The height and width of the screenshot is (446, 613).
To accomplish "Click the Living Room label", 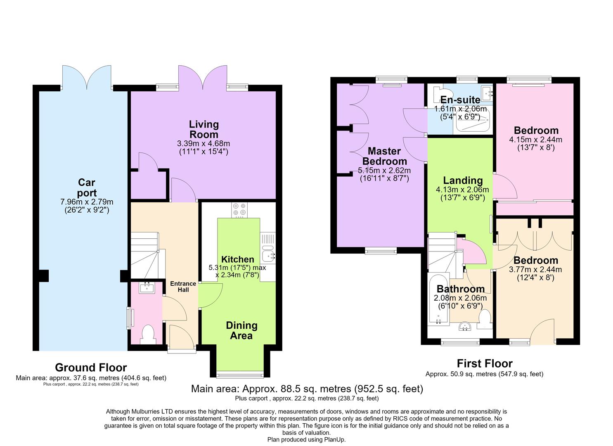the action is tap(204, 130).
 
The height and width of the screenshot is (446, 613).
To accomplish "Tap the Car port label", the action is tap(86, 187).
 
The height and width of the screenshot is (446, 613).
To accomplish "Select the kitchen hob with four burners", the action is tap(239, 210).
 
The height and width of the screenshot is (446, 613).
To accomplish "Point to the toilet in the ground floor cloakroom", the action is tap(148, 334).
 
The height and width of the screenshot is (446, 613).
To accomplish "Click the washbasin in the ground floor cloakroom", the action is tap(147, 288).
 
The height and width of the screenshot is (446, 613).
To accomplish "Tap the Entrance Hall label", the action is tap(183, 287).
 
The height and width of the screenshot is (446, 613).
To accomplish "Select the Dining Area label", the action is tap(241, 330).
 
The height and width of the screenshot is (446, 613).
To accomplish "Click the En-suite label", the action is tap(460, 100).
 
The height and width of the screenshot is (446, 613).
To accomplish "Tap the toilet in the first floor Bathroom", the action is tap(485, 319).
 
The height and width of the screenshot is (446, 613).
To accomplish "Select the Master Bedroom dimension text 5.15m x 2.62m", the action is tap(384, 170).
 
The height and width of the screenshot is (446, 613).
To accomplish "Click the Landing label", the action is tap(463, 180).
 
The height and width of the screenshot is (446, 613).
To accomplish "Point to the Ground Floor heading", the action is tap(91, 368).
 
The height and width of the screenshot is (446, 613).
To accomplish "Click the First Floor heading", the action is tap(485, 363).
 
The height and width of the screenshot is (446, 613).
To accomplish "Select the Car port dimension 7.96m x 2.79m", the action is tap(86, 202).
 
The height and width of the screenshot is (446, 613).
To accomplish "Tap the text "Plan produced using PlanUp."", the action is tap(306, 440).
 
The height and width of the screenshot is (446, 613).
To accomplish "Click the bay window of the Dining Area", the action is tap(240, 375).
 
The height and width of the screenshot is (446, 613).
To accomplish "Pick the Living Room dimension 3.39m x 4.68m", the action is tap(204, 143).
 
